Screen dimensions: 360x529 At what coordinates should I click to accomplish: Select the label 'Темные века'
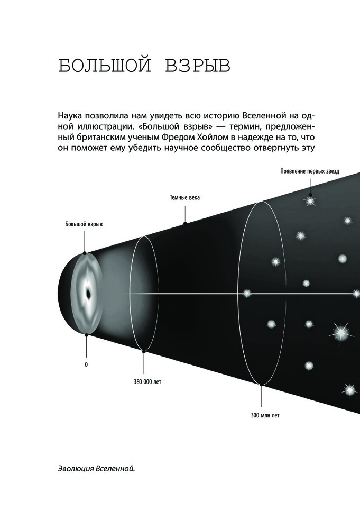point(184,197)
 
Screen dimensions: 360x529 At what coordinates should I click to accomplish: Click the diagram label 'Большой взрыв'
point(84,224)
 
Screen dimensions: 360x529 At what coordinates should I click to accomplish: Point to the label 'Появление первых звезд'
point(310,171)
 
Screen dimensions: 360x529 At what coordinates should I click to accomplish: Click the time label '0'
point(86,364)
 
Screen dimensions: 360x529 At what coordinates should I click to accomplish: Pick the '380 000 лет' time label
point(147,382)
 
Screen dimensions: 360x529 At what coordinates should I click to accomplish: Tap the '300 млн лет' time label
point(265,415)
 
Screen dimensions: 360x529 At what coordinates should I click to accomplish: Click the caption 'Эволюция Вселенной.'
point(96,469)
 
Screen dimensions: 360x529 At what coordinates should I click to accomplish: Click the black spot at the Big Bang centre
point(89,294)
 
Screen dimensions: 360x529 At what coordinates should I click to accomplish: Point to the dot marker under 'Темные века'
point(184,223)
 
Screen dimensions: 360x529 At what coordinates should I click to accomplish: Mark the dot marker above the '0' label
point(87,335)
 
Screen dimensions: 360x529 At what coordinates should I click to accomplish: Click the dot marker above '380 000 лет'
point(144,352)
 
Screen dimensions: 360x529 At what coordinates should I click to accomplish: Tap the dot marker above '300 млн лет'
point(261,385)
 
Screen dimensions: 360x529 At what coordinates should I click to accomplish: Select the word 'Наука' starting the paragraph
point(70,116)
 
